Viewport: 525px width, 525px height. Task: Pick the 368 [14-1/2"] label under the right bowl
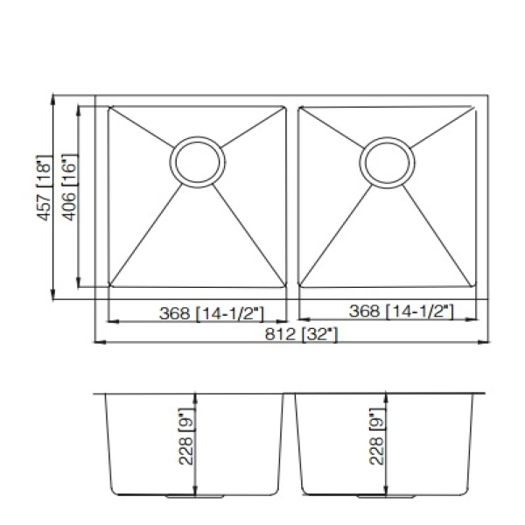[400, 311]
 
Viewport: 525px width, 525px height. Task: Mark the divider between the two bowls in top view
[291, 197]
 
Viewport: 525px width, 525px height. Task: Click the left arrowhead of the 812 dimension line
[97, 342]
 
